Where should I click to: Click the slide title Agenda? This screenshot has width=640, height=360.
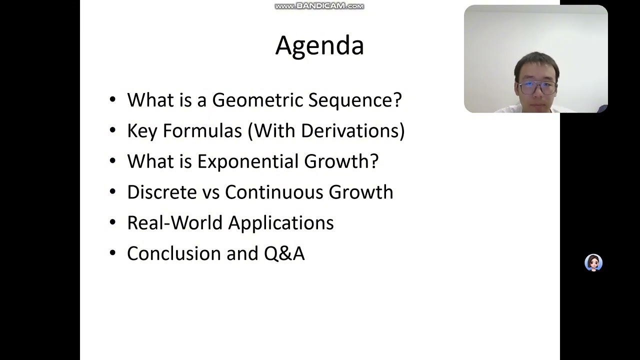click(x=319, y=45)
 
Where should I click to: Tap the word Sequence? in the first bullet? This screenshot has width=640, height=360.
click(x=354, y=100)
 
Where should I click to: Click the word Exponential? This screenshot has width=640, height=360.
click(x=248, y=161)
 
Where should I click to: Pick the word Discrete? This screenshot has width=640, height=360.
click(x=161, y=192)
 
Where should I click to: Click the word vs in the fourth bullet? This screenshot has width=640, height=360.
click(x=210, y=192)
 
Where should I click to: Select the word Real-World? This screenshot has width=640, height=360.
click(x=167, y=223)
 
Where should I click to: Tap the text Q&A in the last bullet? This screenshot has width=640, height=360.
click(x=284, y=253)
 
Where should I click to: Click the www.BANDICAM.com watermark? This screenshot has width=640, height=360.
click(x=319, y=6)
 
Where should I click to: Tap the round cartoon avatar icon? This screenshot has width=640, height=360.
click(x=593, y=262)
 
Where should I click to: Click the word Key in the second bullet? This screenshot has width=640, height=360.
click(x=142, y=131)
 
